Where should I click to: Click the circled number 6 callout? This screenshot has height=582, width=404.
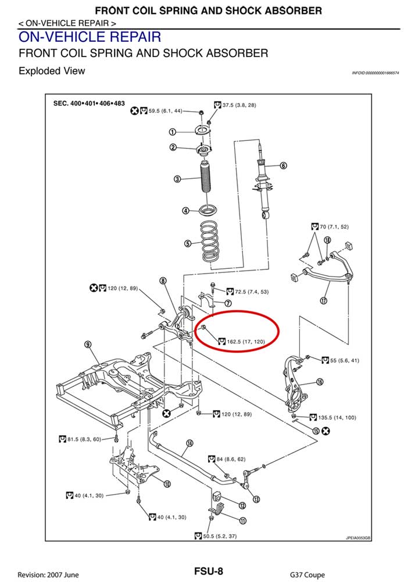(283, 165)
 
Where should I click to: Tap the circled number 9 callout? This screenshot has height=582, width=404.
(88, 345)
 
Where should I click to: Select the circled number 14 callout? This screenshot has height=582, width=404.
(190, 443)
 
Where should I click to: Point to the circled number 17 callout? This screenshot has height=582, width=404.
(324, 300)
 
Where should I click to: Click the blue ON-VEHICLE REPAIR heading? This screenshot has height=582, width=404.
(90, 37)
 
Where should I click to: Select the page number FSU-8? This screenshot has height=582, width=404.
(208, 571)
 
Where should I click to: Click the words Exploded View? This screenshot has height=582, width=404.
(52, 71)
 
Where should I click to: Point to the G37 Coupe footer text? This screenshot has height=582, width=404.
(308, 574)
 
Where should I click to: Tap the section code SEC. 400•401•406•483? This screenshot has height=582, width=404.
(89, 103)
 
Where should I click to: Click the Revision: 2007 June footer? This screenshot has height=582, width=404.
(48, 574)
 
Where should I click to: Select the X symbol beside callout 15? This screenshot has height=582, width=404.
(326, 431)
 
